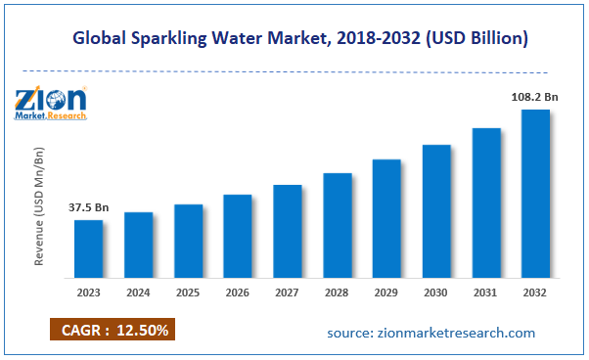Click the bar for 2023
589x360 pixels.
tap(89, 248)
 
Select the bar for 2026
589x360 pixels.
tap(238, 236)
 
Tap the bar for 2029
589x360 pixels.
tap(386, 218)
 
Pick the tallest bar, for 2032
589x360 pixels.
tap(535, 193)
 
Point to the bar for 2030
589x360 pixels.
tap(436, 210)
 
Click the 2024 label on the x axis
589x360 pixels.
tap(139, 292)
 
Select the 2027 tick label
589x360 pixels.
tap(288, 292)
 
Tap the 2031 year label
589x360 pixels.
tap(486, 292)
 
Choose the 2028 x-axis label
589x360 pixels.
tap(338, 292)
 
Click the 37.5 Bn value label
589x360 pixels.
tap(88, 207)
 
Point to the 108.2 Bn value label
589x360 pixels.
tap(531, 98)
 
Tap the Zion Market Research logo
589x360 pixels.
tap(51, 103)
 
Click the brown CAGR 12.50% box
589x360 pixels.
tap(111, 330)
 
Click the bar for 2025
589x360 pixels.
tap(188, 241)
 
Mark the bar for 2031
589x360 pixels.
tap(486, 202)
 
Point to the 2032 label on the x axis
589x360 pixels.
tap(535, 292)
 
